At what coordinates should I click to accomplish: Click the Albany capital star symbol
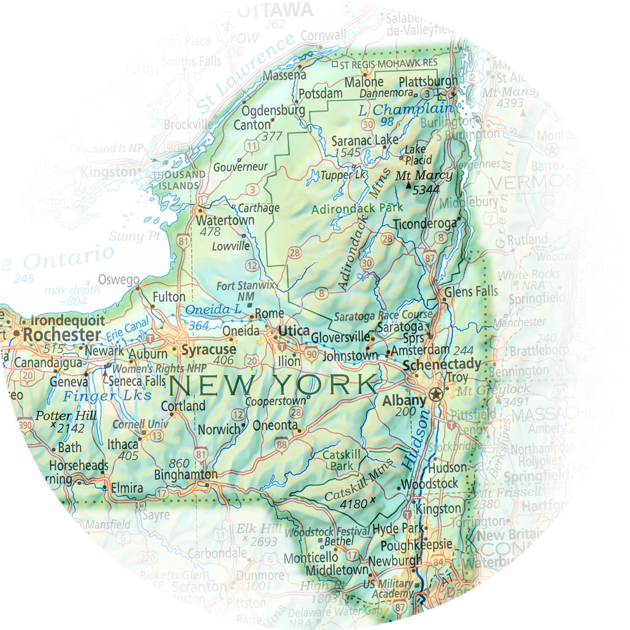[435, 395]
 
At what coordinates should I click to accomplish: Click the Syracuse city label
[209, 350]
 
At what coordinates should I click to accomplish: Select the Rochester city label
[62, 334]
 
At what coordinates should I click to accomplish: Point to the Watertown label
[225, 220]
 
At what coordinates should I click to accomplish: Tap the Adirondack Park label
[357, 209]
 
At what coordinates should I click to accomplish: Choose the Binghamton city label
[186, 474]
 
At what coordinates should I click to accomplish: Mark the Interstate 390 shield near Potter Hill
[26, 425]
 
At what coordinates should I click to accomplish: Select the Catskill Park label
[341, 460]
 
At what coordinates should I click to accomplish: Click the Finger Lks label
[107, 396]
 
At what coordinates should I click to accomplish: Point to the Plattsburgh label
[428, 82]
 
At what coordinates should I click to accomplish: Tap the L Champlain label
[406, 109]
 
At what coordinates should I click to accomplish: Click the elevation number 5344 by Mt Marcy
[426, 190]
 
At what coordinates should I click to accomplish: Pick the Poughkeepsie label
[416, 545]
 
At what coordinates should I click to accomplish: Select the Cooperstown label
[275, 401]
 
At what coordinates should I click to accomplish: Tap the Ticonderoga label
[424, 224]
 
